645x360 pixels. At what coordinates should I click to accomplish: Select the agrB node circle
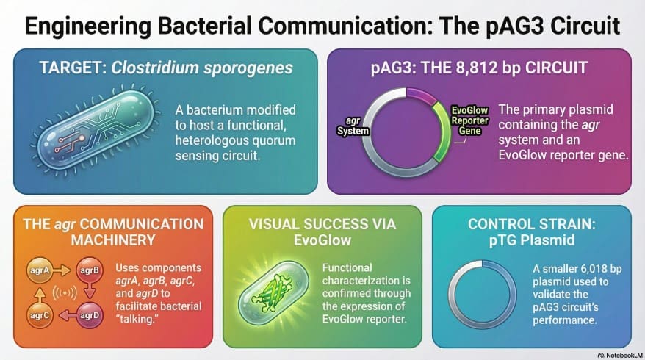(x=90, y=270)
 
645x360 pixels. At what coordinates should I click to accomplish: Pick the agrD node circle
(x=90, y=317)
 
